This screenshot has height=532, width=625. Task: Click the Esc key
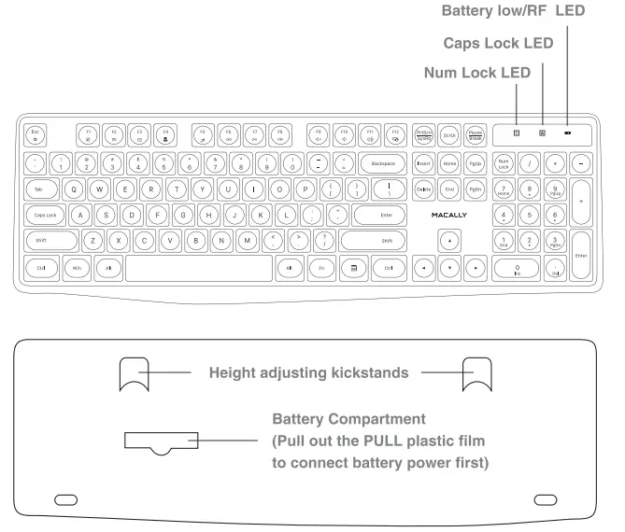35,135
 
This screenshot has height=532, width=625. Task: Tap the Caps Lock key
45,215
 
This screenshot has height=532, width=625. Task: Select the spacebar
197,268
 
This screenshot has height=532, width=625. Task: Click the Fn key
322,268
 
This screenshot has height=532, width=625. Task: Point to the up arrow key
451,241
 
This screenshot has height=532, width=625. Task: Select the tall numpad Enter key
581,255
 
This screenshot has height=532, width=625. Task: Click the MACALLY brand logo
450,215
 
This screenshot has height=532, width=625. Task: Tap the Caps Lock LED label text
497,43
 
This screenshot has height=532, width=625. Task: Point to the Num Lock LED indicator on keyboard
516,133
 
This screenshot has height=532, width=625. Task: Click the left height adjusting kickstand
135,374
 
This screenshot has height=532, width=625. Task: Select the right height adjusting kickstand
478,374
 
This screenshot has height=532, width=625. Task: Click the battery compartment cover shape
158,441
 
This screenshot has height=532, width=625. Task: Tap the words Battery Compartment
348,420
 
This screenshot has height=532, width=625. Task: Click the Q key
75,189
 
